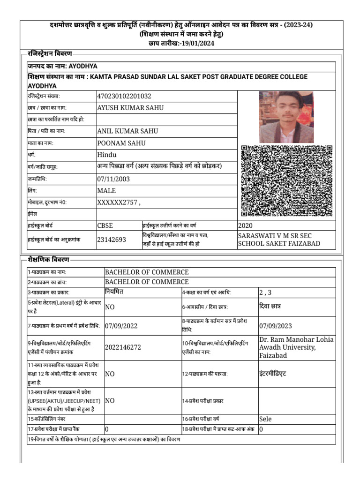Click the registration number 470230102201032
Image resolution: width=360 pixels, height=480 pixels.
click(x=124, y=96)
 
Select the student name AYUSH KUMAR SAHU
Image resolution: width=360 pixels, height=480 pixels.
click(x=130, y=108)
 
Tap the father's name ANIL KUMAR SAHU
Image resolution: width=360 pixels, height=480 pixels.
click(x=127, y=131)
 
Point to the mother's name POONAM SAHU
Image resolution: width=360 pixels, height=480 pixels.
click(x=121, y=143)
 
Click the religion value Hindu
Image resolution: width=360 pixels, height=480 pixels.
click(x=106, y=155)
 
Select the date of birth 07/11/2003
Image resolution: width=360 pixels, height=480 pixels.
click(x=113, y=179)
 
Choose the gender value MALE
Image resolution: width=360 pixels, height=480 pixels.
click(x=106, y=191)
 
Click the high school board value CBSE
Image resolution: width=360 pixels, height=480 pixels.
click(x=105, y=225)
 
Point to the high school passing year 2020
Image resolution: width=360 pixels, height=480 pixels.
click(x=246, y=225)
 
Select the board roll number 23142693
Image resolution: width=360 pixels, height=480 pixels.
click(x=112, y=240)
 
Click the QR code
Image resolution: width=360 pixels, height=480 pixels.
click(x=286, y=181)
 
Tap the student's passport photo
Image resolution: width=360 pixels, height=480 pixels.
click(x=286, y=117)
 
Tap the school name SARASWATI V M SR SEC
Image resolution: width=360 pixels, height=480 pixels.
click(x=275, y=235)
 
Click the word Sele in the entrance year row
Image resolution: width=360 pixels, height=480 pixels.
click(x=265, y=419)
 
